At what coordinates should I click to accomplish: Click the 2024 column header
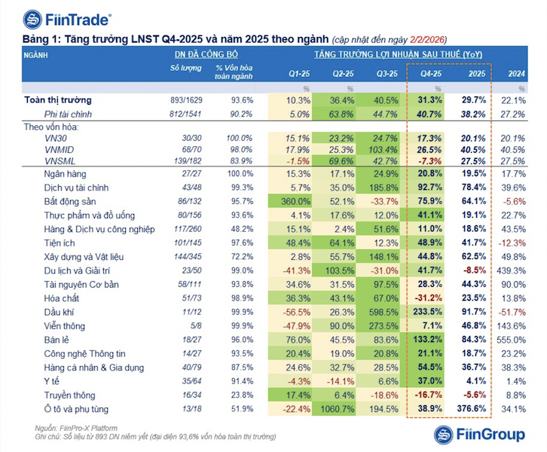[x=517, y=74]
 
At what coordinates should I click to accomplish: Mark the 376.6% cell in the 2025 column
[x=472, y=408]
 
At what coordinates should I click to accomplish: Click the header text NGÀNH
[x=37, y=55]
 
